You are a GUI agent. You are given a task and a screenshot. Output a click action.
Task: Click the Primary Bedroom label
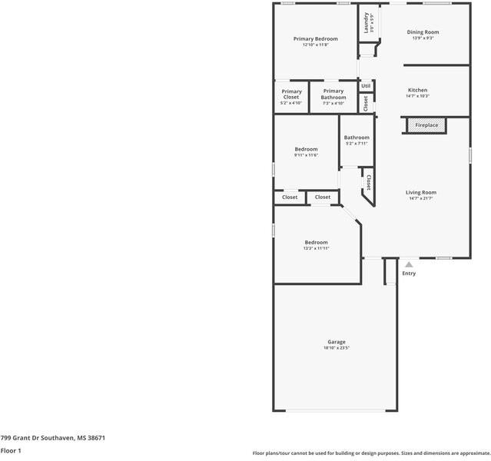(315, 38)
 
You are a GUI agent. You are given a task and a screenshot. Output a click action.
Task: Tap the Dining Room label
(423, 32)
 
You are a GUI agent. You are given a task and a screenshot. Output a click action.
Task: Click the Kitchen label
(417, 90)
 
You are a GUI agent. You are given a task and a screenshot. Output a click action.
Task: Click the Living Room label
(421, 192)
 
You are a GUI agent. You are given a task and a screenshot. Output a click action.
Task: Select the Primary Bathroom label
(333, 95)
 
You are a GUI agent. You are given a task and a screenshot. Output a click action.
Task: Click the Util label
(366, 86)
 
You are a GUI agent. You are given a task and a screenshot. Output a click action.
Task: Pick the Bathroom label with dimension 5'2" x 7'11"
(357, 138)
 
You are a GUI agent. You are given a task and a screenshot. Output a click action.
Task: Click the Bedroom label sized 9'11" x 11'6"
(306, 149)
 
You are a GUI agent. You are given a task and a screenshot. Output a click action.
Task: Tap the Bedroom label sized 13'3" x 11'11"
(316, 242)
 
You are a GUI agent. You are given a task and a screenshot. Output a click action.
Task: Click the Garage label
(337, 342)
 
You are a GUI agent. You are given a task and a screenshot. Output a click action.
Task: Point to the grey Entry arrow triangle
(409, 265)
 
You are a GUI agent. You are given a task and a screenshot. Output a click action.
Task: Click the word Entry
(409, 274)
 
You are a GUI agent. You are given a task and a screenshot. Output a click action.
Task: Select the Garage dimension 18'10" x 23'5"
(337, 348)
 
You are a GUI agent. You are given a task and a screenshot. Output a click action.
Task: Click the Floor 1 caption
(11, 451)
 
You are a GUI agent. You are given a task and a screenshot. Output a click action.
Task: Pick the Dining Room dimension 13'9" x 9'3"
(423, 38)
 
